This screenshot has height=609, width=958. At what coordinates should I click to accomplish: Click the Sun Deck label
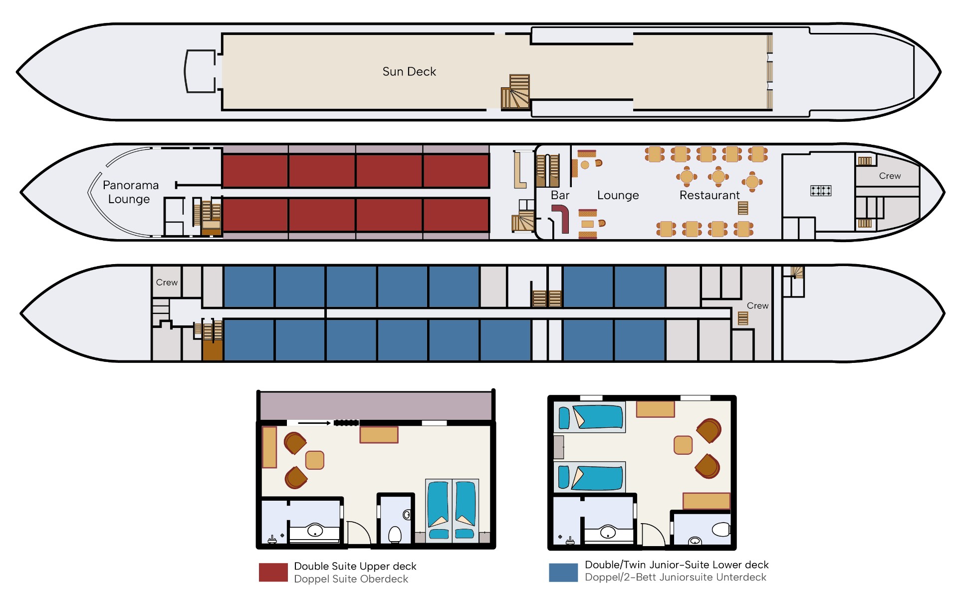pyautogui.click(x=409, y=71)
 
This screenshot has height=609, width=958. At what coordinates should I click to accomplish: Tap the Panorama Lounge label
pyautogui.click(x=130, y=192)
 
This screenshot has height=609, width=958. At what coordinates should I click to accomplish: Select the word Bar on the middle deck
pyautogui.click(x=560, y=195)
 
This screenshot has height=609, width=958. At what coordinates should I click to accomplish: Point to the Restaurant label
pyautogui.click(x=710, y=195)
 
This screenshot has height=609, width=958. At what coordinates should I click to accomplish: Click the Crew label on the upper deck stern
pyautogui.click(x=890, y=176)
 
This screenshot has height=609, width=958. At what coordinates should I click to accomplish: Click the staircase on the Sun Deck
pyautogui.click(x=515, y=91)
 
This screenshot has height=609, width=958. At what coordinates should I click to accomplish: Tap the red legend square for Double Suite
pyautogui.click(x=273, y=572)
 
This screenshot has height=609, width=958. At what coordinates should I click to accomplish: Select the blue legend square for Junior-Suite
pyautogui.click(x=563, y=573)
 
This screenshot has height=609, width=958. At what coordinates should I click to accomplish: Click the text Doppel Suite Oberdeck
pyautogui.click(x=351, y=579)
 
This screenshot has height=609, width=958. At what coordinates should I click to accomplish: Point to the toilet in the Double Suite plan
pyautogui.click(x=395, y=534)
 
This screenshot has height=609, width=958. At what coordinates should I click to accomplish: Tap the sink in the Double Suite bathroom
pyautogui.click(x=315, y=530)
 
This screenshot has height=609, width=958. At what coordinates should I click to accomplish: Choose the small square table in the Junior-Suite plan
pyautogui.click(x=683, y=445)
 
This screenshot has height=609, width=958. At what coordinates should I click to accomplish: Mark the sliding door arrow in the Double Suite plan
pyautogui.click(x=314, y=423)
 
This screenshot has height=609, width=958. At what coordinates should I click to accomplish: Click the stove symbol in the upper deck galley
pyautogui.click(x=821, y=190)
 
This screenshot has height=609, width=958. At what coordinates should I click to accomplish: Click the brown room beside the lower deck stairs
pyautogui.click(x=213, y=350)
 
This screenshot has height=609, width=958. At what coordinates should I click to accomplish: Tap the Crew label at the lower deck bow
pyautogui.click(x=167, y=282)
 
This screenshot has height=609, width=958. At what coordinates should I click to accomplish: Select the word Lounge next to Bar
pyautogui.click(x=618, y=195)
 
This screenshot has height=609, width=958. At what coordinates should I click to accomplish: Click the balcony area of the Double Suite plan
pyautogui.click(x=376, y=406)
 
